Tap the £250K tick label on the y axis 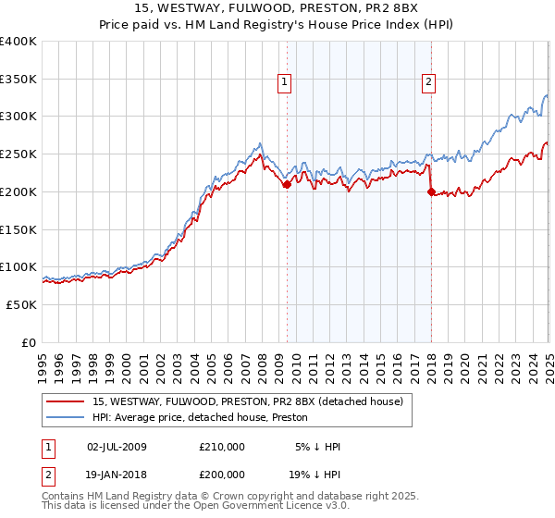coord(18,154)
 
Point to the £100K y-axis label coord(18,266)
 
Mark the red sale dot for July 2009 coord(287,184)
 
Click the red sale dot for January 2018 coord(431,191)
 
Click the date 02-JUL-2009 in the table coord(117,447)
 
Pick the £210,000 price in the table coord(222,447)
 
